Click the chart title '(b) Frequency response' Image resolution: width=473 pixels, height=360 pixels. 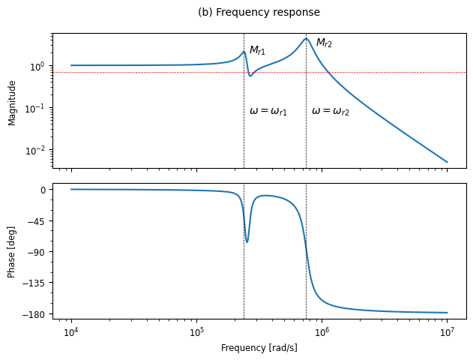[x=259, y=13]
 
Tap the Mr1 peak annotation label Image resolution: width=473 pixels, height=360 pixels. [x=257, y=50]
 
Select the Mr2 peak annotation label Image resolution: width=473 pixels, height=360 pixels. [x=324, y=43]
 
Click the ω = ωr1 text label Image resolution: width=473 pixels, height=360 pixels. [x=268, y=111]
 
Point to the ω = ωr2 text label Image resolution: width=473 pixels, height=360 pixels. [x=331, y=111]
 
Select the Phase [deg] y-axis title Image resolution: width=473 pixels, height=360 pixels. [x=11, y=251]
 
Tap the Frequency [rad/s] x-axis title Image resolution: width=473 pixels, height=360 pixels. [x=259, y=348]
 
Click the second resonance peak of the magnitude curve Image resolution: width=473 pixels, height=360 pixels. [x=306, y=39]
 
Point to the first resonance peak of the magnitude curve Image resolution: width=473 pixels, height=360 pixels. [x=244, y=52]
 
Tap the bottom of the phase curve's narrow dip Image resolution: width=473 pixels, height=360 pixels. [x=247, y=241]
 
